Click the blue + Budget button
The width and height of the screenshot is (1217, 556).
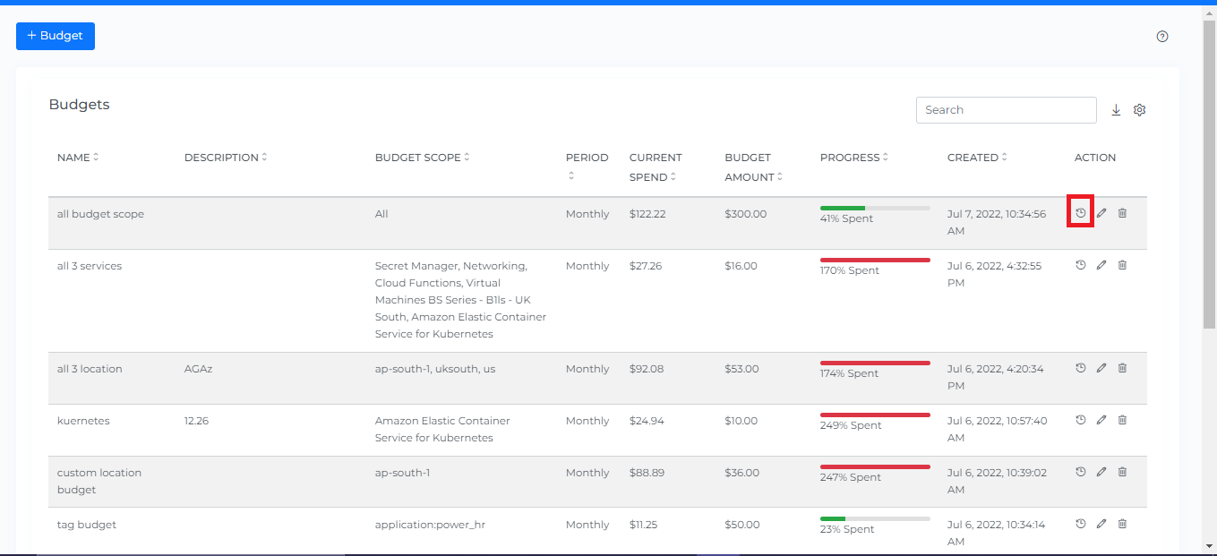click(x=56, y=36)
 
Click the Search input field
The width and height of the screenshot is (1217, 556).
click(x=1006, y=110)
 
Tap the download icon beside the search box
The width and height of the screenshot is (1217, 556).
click(x=1116, y=110)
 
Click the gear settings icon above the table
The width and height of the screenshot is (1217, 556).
click(x=1140, y=110)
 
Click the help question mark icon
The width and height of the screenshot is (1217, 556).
click(x=1162, y=37)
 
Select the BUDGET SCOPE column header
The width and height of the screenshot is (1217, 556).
click(x=417, y=158)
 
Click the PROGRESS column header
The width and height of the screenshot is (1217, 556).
click(x=850, y=158)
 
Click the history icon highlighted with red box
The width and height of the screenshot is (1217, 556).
click(x=1081, y=213)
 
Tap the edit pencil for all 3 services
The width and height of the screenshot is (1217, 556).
click(x=1101, y=265)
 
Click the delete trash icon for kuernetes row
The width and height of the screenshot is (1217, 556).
click(x=1123, y=420)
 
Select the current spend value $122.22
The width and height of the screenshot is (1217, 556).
click(x=647, y=214)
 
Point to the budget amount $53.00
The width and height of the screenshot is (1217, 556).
click(x=741, y=369)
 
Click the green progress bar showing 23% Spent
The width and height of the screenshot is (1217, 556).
click(x=833, y=518)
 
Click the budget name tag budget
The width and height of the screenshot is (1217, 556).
click(x=87, y=525)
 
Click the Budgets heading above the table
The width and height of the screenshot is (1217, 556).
click(x=79, y=105)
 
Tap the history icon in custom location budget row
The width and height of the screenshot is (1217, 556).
click(x=1081, y=472)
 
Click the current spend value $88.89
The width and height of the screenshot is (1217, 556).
click(x=647, y=473)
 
